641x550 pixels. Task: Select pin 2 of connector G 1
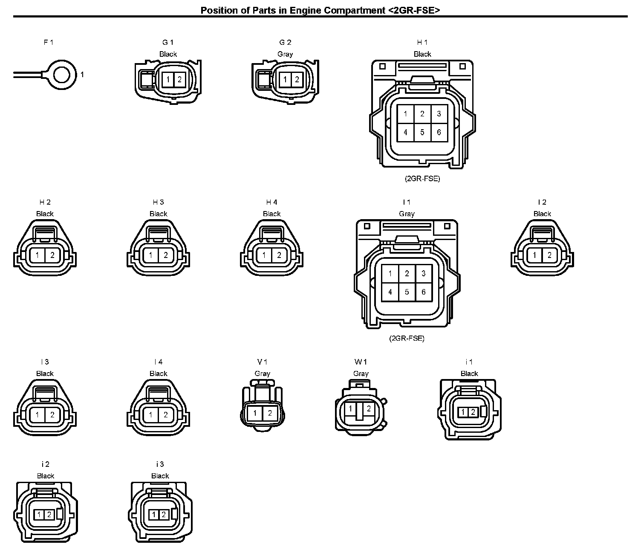(x=179, y=80)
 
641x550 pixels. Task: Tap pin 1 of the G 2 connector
(x=285, y=80)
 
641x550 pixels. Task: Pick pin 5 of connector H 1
(x=422, y=133)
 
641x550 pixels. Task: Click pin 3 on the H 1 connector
(x=439, y=114)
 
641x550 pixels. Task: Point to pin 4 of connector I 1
(x=390, y=292)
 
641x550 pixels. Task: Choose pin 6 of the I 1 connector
(x=424, y=292)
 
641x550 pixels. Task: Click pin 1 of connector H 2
(x=37, y=255)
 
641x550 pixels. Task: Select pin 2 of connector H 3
(x=166, y=255)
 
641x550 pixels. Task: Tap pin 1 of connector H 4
(x=264, y=255)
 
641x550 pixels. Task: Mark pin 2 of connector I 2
(x=549, y=255)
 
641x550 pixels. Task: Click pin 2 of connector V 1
(x=270, y=413)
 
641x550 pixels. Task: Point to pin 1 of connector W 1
(x=350, y=408)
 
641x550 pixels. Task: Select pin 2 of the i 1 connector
(x=473, y=412)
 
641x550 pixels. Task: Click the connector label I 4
(x=159, y=362)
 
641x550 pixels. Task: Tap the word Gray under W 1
(x=361, y=373)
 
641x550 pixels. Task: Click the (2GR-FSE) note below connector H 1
(x=422, y=179)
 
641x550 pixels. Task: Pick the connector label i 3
(x=160, y=464)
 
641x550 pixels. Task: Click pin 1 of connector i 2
(x=39, y=515)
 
